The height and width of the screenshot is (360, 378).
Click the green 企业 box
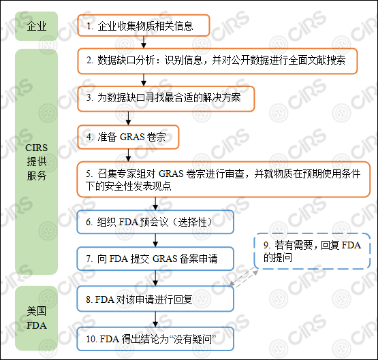point(37,27)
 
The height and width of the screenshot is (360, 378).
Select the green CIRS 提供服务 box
point(37,161)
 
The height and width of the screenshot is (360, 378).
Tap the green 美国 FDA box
point(37,318)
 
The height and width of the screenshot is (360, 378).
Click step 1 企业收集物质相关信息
point(143,27)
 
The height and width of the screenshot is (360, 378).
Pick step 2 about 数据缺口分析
point(217,61)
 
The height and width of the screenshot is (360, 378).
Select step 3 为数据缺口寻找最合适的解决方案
point(166,98)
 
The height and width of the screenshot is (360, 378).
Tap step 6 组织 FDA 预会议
point(155,223)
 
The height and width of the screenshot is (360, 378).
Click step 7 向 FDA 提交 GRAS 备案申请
point(155,259)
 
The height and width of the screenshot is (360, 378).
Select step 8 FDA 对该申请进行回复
point(155,299)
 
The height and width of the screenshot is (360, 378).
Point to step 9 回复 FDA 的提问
point(311,251)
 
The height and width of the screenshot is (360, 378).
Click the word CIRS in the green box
point(37,148)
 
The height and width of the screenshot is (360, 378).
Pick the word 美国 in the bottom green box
point(37,311)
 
